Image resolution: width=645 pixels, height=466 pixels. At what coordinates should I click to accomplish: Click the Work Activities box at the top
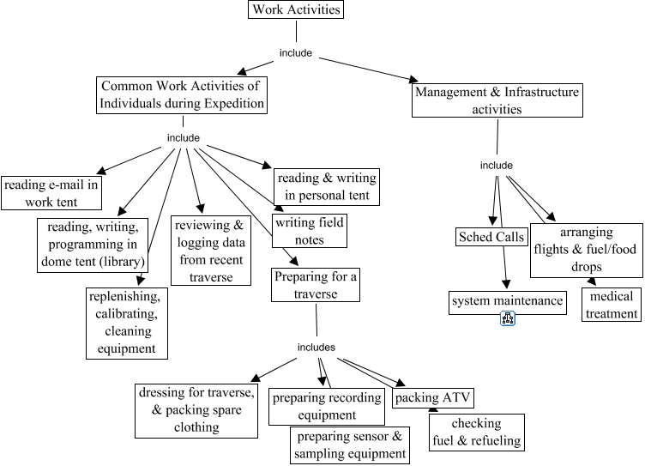pos(296,10)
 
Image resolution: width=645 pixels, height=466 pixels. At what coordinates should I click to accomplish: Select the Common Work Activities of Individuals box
pos(182,95)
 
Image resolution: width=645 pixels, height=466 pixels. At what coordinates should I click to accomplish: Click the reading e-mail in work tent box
pos(51,193)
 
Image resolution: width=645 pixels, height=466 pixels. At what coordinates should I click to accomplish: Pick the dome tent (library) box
pos(93,244)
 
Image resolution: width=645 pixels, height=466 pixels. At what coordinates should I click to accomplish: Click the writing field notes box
pos(308,231)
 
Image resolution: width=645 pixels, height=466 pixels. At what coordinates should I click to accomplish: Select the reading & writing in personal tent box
pos(326,186)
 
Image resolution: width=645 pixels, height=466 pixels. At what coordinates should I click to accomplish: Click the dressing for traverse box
pos(196,409)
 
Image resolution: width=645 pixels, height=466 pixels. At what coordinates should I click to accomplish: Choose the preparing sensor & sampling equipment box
pos(348,445)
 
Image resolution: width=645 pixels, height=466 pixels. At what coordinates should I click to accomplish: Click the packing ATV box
pos(433,398)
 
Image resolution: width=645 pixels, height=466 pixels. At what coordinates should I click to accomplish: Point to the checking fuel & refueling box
pos(475,433)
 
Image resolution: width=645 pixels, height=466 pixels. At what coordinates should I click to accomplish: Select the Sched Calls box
pos(491,238)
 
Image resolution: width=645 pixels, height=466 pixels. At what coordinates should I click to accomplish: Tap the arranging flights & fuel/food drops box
pos(586,250)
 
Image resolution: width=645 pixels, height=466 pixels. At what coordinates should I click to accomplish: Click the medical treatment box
pos(612,305)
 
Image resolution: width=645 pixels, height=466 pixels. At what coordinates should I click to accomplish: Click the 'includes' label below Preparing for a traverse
pos(316,347)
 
